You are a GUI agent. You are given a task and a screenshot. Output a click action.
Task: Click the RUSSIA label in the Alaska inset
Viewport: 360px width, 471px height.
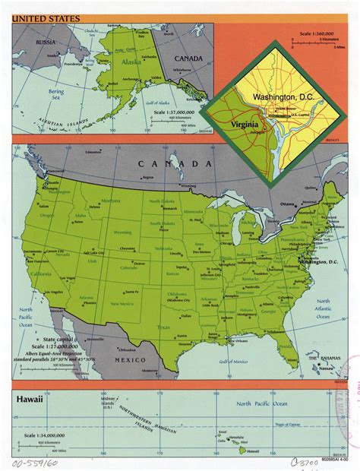[35, 43]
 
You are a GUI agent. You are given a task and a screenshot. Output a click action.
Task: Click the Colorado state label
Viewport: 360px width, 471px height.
[129, 267]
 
